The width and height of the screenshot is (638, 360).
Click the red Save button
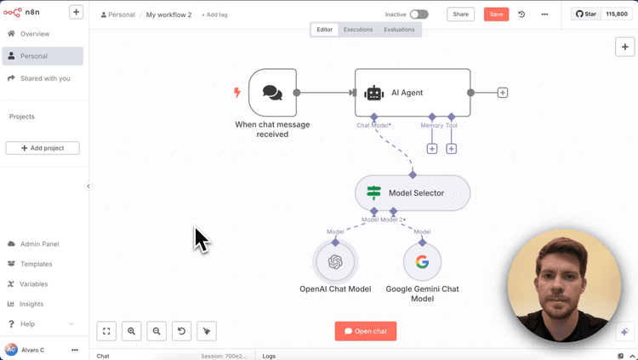pyautogui.click(x=496, y=14)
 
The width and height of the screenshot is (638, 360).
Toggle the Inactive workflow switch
pyautogui.click(x=419, y=14)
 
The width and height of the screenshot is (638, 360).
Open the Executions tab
pyautogui.click(x=358, y=30)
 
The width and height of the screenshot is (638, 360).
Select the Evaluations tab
pyautogui.click(x=399, y=30)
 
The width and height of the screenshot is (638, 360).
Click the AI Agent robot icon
pyautogui.click(x=373, y=93)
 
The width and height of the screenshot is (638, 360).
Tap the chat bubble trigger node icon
pyautogui.click(x=272, y=93)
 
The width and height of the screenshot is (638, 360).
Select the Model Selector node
pyautogui.click(x=413, y=193)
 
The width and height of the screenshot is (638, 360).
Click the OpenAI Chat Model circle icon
pyautogui.click(x=335, y=262)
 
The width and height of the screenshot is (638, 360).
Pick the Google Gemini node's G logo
pyautogui.click(x=422, y=262)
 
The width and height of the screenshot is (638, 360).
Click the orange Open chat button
pyautogui.click(x=366, y=331)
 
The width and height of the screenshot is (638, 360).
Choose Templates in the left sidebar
pyautogui.click(x=36, y=264)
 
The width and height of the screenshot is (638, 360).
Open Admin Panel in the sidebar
pyautogui.click(x=39, y=244)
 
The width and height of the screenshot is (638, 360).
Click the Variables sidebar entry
pyautogui.click(x=34, y=284)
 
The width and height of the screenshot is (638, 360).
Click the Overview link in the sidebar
pyautogui.click(x=34, y=34)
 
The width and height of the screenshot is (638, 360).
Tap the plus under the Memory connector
pyautogui.click(x=432, y=149)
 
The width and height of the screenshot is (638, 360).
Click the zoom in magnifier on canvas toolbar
pyautogui.click(x=132, y=331)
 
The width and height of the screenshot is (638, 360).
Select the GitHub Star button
pyautogui.click(x=586, y=14)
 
